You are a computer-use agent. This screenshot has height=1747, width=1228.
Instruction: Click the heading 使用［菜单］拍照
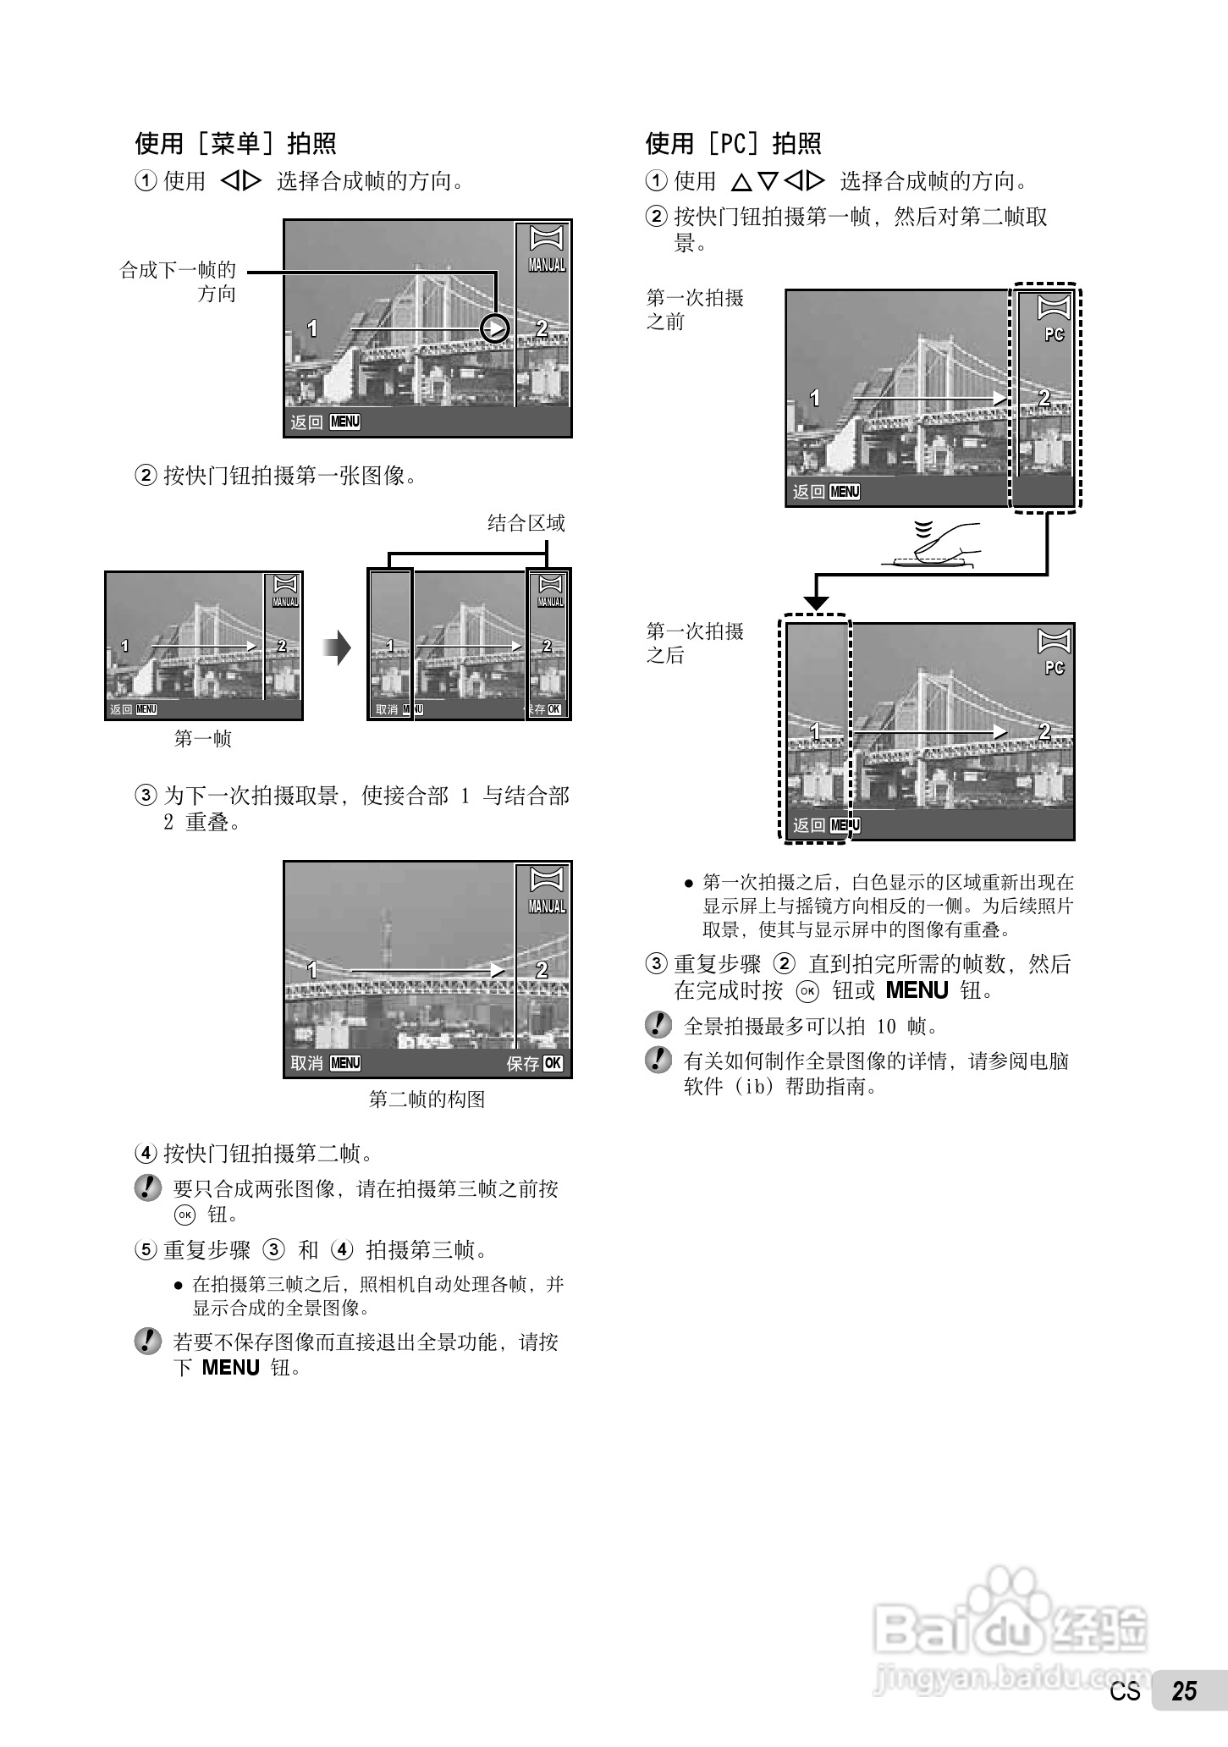(235, 144)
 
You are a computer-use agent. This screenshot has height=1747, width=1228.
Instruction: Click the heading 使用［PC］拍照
(733, 144)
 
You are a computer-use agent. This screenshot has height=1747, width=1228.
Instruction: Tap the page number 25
(1183, 1714)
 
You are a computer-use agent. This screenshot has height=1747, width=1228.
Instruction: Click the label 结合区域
(526, 523)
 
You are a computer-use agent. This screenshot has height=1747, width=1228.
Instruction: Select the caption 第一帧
(202, 739)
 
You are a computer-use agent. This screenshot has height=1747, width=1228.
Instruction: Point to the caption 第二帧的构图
(427, 1099)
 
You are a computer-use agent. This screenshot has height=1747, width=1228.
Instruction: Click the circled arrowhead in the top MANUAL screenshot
(495, 328)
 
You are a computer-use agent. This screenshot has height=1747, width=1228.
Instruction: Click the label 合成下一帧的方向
(178, 282)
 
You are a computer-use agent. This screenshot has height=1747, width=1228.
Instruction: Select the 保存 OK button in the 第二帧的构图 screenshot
(535, 1063)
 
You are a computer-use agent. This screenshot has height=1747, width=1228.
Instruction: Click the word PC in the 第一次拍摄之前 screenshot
(1054, 335)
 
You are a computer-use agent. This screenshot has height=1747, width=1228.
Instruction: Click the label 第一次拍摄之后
(695, 643)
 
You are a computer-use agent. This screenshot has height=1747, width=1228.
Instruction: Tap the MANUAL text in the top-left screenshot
(547, 265)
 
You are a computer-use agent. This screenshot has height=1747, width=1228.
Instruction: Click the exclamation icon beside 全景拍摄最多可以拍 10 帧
(658, 1025)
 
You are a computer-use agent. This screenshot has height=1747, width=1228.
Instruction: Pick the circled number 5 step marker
(146, 1250)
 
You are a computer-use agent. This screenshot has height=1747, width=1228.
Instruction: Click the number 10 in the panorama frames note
(885, 1027)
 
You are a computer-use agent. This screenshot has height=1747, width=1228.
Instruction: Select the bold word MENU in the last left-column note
(230, 1368)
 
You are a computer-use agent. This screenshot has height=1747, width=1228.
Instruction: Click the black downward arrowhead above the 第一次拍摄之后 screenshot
(816, 603)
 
